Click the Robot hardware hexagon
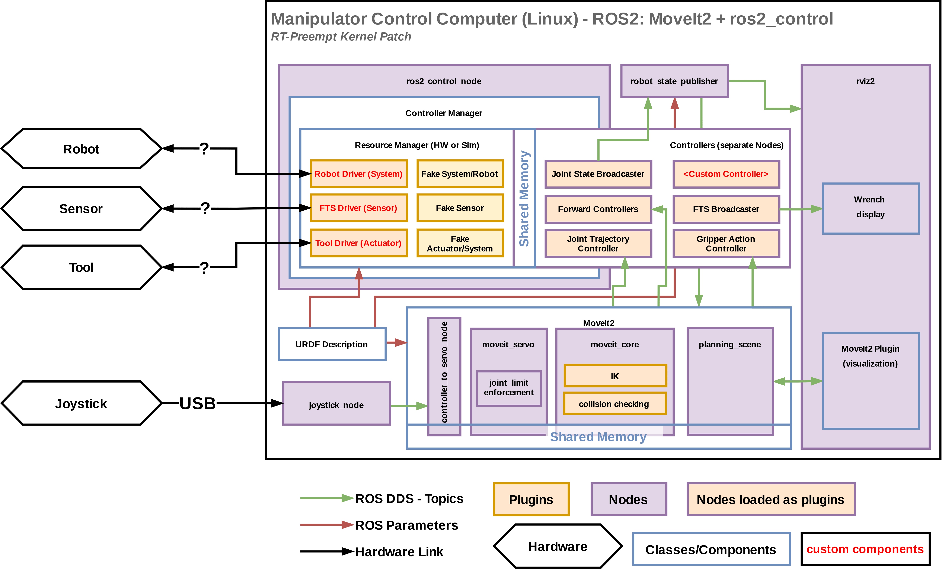(81, 149)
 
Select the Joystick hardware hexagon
(81, 403)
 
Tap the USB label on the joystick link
(198, 403)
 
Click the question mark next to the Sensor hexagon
(205, 208)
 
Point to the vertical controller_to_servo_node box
(444, 376)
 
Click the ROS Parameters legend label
(406, 525)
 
